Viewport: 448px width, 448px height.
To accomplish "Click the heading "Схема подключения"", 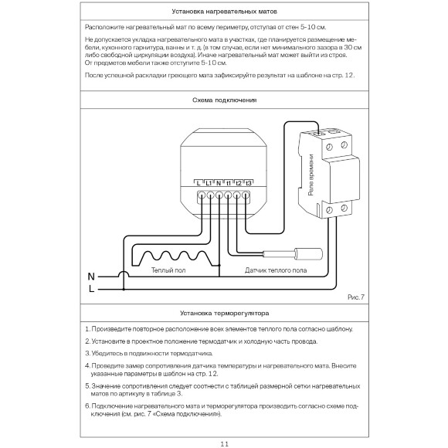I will tap(223, 100).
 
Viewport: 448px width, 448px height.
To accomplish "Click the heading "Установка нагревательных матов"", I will tap(223, 13).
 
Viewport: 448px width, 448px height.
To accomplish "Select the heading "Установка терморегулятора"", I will tap(223, 314).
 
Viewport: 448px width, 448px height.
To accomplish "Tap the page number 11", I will tap(224, 443).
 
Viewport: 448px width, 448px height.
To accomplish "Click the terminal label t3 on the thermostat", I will tap(249, 182).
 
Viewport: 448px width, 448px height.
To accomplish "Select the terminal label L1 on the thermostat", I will tap(209, 182).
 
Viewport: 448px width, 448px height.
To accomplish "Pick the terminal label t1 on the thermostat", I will tap(229, 182).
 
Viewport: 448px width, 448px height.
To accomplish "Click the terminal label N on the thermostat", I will tap(219, 182).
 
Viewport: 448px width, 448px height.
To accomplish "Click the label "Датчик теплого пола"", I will tap(275, 271).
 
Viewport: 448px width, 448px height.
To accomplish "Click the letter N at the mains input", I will tap(90, 276).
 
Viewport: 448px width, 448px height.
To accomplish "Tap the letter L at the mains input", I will tap(91, 289).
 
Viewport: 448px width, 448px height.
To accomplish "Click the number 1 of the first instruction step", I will tap(87, 329).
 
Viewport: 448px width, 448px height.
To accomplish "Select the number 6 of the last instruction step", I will tap(87, 406).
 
